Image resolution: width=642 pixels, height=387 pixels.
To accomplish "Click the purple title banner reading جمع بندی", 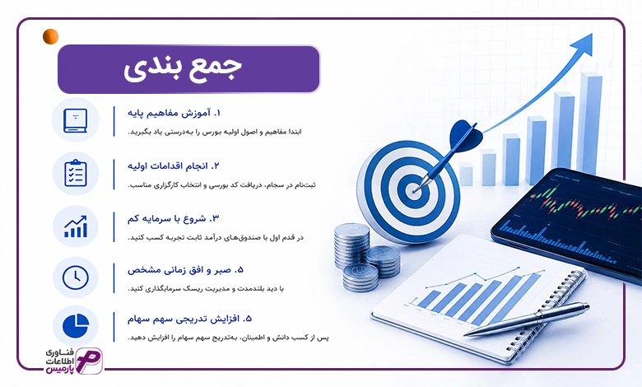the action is [188, 69].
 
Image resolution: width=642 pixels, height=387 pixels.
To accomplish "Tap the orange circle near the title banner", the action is [50, 36].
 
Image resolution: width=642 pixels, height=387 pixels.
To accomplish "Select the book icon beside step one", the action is [76, 120].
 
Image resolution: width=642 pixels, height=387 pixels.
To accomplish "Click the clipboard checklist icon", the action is [76, 173].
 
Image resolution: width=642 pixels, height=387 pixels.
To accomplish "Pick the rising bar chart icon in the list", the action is [76, 226].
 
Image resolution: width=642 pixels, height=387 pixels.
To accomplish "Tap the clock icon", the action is [76, 277].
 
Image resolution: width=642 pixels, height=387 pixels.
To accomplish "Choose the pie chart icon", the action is [76, 325].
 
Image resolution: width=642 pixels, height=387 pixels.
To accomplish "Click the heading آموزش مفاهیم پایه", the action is [174, 113].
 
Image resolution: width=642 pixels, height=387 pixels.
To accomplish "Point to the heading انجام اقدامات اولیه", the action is [173, 166].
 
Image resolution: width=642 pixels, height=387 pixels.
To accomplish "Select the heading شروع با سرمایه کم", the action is [173, 219].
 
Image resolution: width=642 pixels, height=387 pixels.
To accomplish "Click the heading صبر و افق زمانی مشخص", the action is [185, 270].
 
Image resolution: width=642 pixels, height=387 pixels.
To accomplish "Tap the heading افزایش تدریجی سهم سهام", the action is [189, 319].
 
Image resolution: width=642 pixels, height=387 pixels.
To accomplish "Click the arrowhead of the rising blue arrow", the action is [584, 44].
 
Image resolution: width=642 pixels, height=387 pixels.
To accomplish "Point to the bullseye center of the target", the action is [413, 190].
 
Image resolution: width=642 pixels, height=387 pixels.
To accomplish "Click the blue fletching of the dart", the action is [466, 136].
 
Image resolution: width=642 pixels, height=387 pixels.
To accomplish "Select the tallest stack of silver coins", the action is [351, 245].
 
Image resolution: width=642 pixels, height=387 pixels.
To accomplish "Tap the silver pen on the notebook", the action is [528, 319].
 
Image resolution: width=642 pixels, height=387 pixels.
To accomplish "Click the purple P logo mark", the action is [89, 361].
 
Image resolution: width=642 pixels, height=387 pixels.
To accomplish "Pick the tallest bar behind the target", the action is [589, 123].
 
